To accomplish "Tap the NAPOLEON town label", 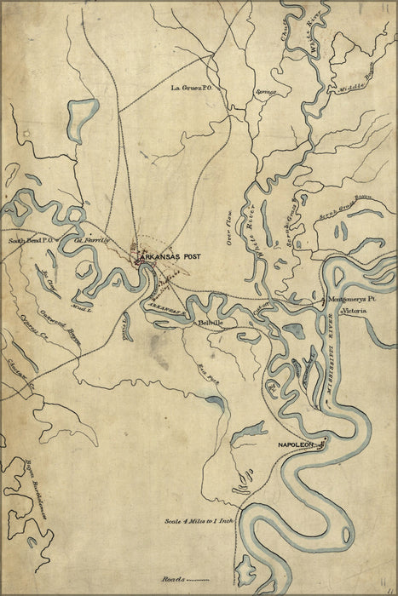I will click(x=296, y=445).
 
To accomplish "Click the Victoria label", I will click(x=354, y=313).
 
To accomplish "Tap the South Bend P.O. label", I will click(x=32, y=241).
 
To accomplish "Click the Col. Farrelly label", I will click(x=95, y=241).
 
